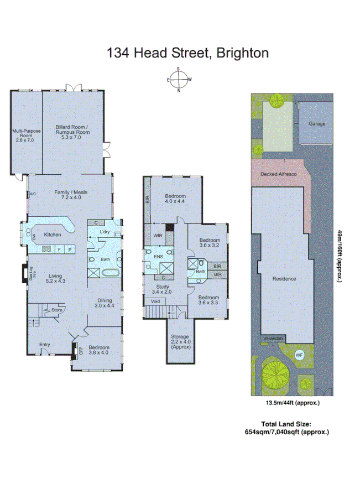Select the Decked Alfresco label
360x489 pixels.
pyautogui.click(x=279, y=174)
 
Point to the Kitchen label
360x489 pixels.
pyautogui.click(x=52, y=235)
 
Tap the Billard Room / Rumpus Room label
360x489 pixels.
pyautogui.click(x=72, y=132)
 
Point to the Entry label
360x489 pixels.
pyautogui.click(x=44, y=345)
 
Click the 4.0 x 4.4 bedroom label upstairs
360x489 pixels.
pyautogui.click(x=175, y=199)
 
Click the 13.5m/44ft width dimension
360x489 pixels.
pyautogui.click(x=293, y=403)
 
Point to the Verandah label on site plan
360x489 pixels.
pyautogui.click(x=273, y=338)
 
